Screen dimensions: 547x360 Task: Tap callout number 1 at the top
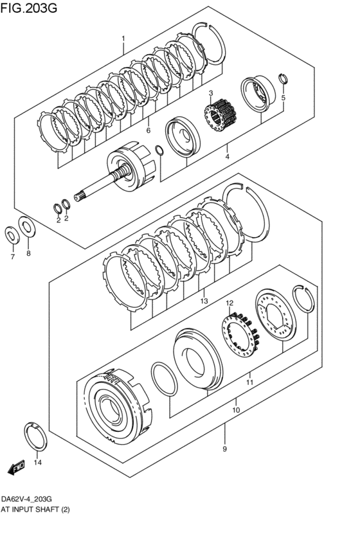coord(123,39)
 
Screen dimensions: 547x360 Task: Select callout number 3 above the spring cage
coord(210,94)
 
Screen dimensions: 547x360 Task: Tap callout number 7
coord(12,257)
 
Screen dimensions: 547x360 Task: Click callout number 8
coord(28,254)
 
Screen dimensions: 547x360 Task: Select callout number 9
coord(224,449)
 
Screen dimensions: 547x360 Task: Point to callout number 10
coord(236,409)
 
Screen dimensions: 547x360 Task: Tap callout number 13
coord(204,301)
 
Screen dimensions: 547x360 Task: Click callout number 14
coord(37,462)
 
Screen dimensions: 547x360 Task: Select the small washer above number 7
coord(12,234)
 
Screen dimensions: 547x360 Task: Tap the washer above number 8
coord(27,226)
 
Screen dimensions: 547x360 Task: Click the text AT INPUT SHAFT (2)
coord(35,509)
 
